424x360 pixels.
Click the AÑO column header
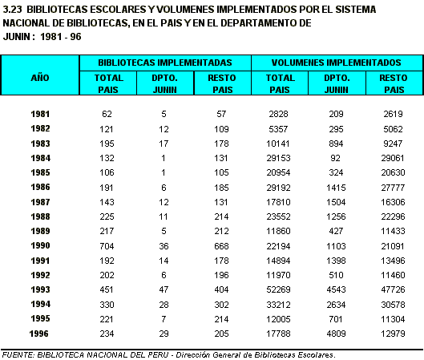[x=40, y=78]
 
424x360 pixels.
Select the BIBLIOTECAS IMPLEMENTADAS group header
[x=165, y=63]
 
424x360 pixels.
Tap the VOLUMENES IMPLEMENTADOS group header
[x=336, y=63]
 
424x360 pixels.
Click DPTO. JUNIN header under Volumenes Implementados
[x=337, y=83]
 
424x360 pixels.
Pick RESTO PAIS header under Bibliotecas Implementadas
[x=222, y=83]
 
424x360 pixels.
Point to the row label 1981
[x=40, y=114]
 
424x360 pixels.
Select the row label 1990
[x=40, y=245]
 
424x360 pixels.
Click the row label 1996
[x=39, y=334]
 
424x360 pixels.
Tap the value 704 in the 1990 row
[x=107, y=246]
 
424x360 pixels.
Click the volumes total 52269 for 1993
[x=278, y=289]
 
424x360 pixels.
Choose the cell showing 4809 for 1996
[x=336, y=334]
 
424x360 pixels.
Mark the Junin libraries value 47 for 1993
[x=164, y=289]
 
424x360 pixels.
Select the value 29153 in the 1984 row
[x=278, y=158]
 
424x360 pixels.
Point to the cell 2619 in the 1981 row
[x=394, y=114]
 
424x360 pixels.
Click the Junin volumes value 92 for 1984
[x=336, y=158]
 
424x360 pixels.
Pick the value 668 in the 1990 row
[x=221, y=246]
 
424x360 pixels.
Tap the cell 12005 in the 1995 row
[x=278, y=319]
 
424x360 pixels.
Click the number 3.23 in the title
[x=12, y=10]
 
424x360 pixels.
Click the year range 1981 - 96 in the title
[x=61, y=37]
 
